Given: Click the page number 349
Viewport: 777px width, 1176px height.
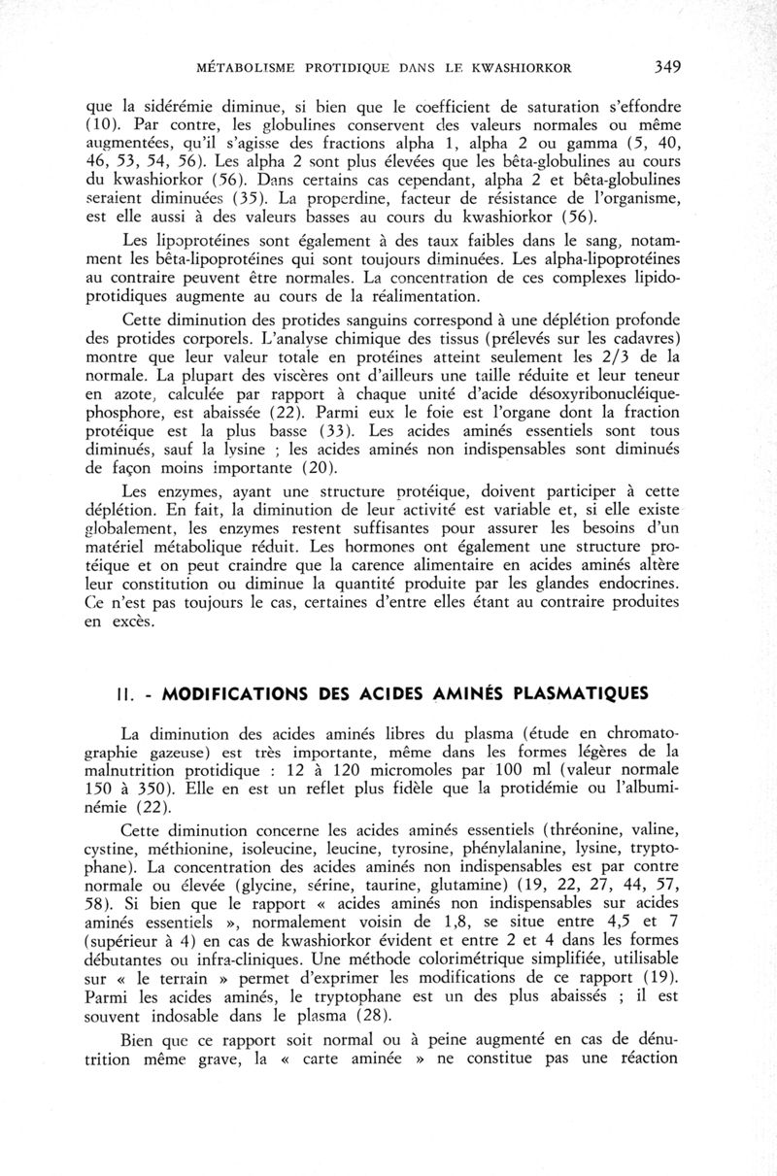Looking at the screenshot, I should tap(665, 67).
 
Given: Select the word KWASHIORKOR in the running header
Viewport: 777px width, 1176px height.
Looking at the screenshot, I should tap(520, 68).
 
